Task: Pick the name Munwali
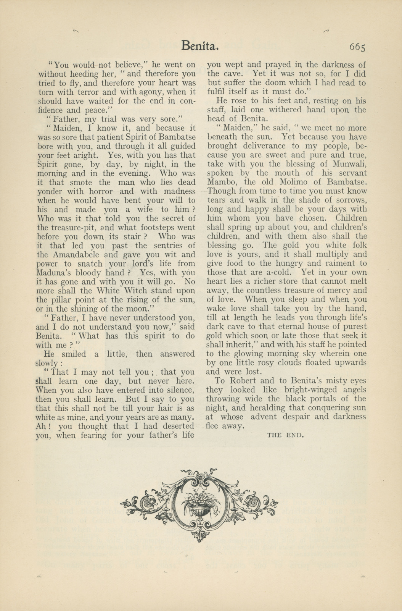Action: click(349, 164)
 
